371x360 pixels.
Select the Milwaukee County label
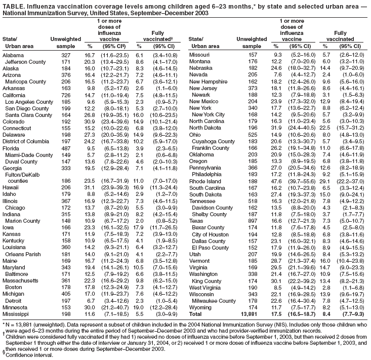tap(218, 300)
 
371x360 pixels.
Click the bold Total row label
tap(196, 313)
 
